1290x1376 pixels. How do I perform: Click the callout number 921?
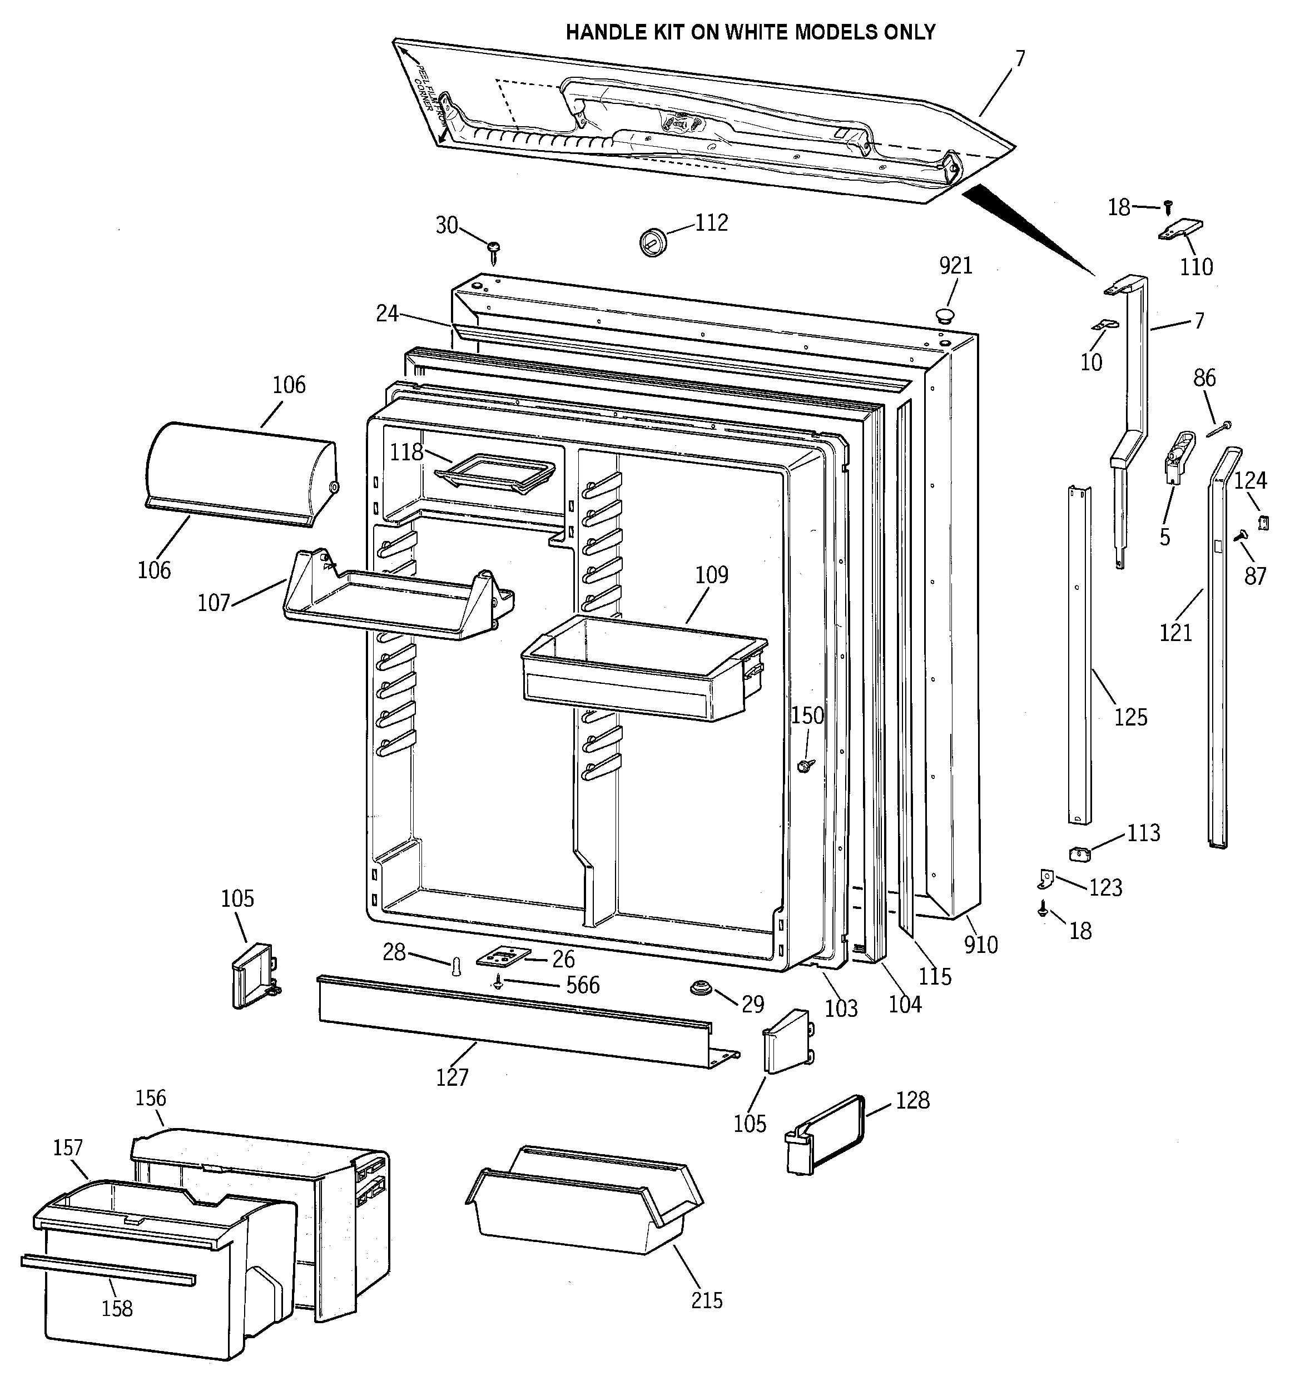coord(956,266)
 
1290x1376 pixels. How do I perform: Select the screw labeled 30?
coord(494,251)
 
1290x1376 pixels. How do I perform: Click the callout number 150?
coord(807,715)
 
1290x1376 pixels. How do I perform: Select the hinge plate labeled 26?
coord(503,957)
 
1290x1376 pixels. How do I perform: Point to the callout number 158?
coord(116,1308)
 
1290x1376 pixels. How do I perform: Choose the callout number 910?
coord(980,944)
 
